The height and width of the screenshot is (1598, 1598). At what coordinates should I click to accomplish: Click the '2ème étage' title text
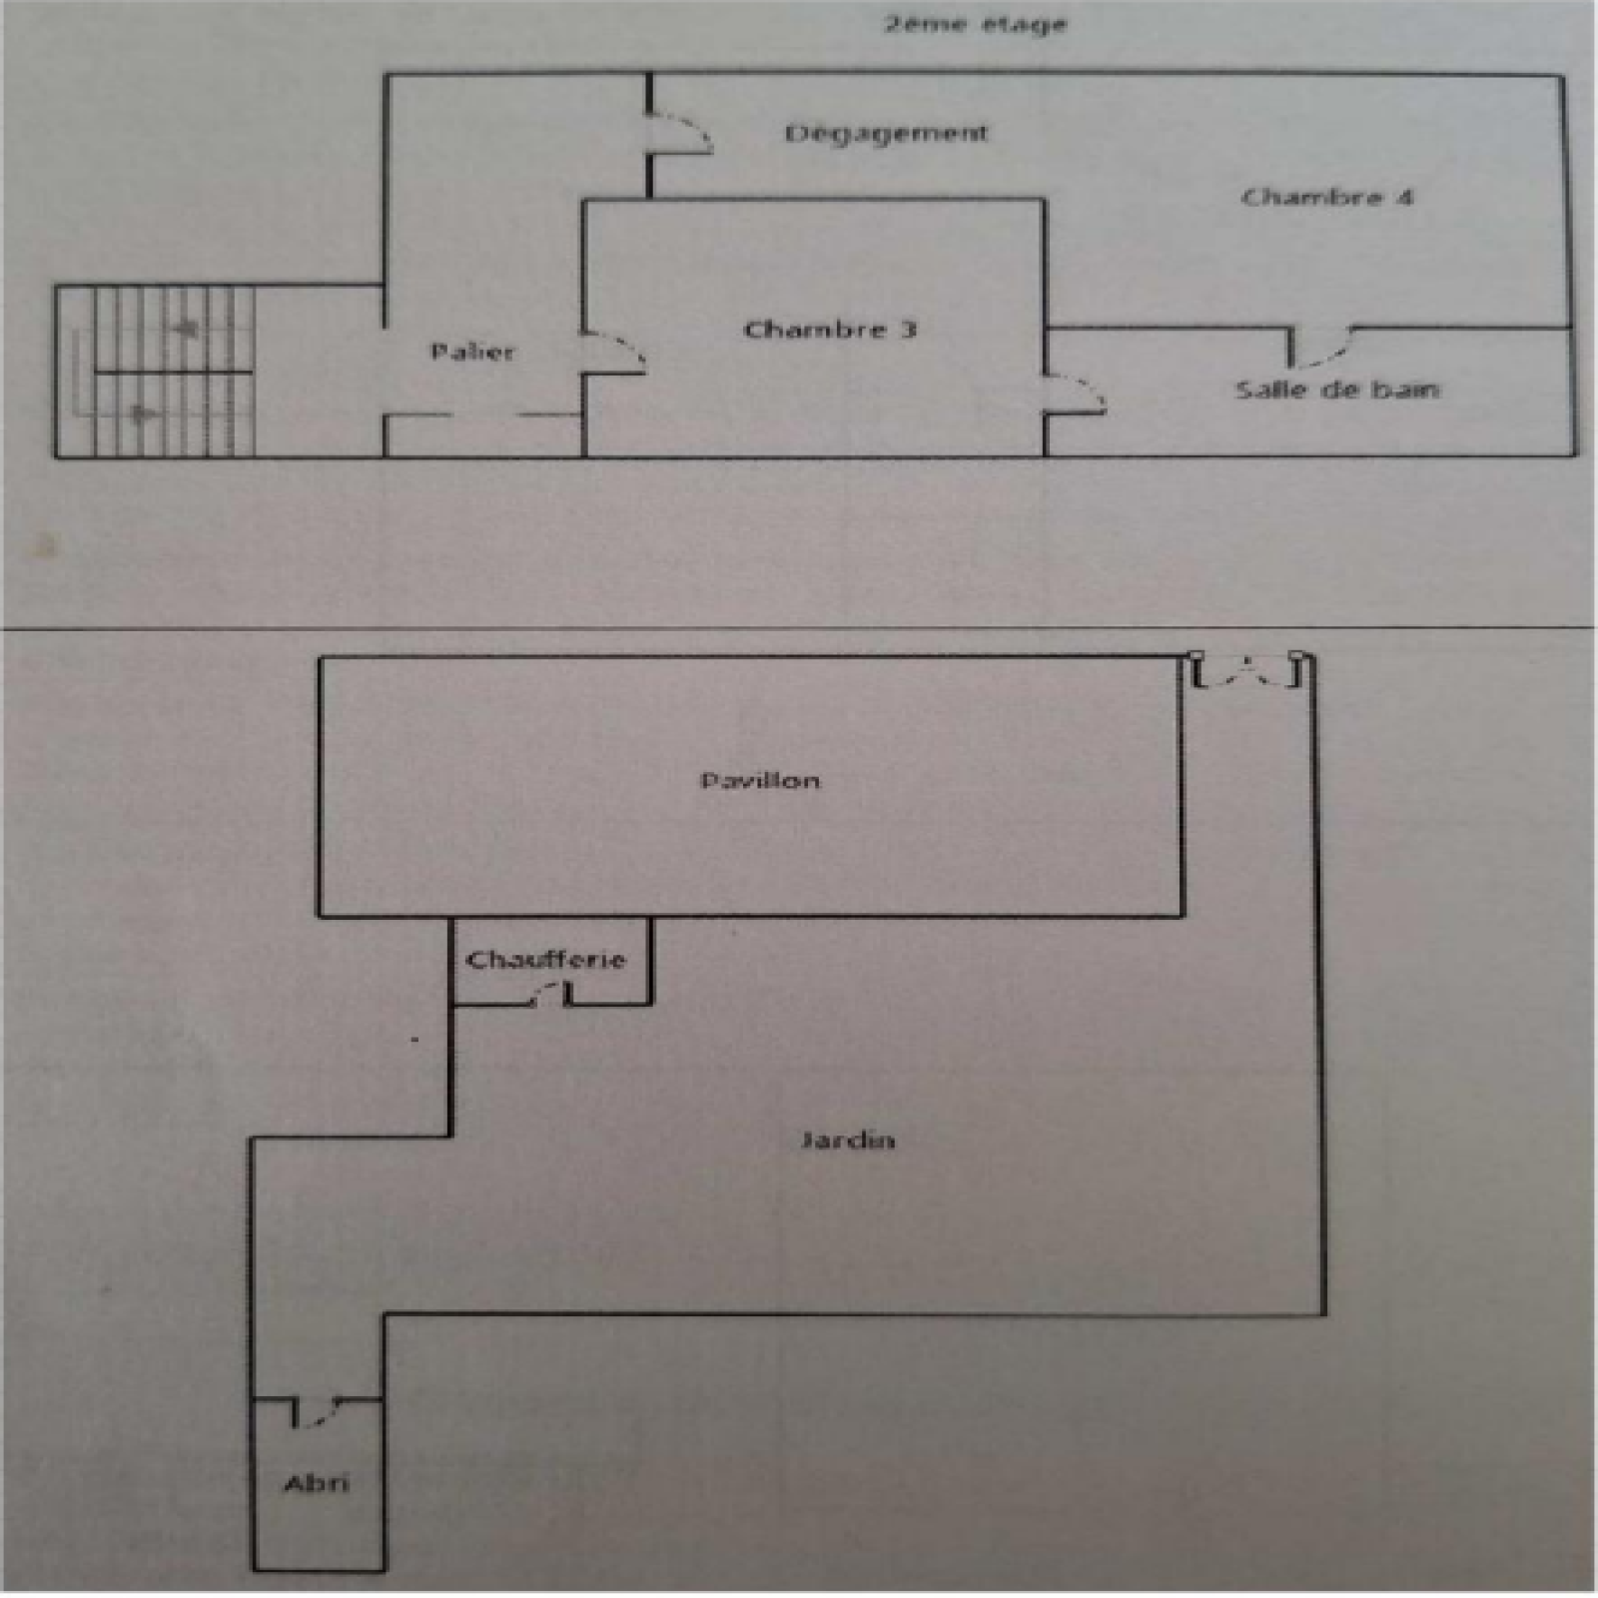[x=975, y=23]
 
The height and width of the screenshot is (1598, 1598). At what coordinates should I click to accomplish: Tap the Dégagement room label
[x=886, y=134]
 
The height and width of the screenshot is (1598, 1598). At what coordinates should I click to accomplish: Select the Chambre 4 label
[x=1327, y=197]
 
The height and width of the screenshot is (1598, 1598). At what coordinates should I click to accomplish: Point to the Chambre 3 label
[x=830, y=330]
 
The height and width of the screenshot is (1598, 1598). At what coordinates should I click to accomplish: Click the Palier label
[x=472, y=352]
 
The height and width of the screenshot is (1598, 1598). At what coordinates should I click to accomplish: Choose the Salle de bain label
[x=1337, y=390]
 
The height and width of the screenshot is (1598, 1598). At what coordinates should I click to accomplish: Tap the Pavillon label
[x=760, y=780]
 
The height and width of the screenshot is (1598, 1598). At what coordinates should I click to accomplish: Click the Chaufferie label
[x=545, y=960]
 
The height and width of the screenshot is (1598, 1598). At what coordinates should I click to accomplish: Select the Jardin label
[x=847, y=1140]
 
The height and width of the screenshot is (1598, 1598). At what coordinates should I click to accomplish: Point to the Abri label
[x=317, y=1483]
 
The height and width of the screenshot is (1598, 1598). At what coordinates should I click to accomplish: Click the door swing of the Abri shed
[x=318, y=1411]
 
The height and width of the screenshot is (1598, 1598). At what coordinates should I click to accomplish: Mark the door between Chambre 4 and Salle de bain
[x=1320, y=347]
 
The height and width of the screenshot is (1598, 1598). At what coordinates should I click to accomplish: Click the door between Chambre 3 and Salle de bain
[x=1075, y=394]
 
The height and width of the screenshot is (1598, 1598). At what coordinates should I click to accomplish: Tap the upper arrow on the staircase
[x=185, y=327]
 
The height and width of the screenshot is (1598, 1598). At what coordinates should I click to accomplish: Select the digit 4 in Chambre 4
[x=1404, y=197]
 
